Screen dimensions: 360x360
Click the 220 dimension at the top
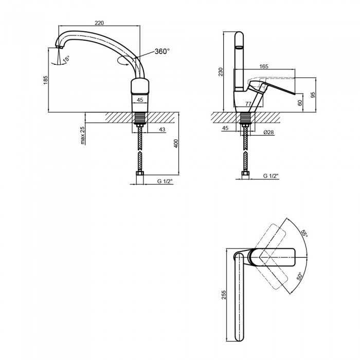99,23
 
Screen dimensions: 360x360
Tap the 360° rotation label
162,51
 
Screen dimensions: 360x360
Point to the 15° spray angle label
66,59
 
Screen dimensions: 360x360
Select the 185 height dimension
45,80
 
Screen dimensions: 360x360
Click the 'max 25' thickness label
83,135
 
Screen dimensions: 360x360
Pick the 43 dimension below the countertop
162,130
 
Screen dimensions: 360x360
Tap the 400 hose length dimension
176,143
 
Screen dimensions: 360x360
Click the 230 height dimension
221,72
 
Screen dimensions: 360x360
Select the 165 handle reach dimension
263,66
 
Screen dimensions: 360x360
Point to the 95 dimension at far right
313,95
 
